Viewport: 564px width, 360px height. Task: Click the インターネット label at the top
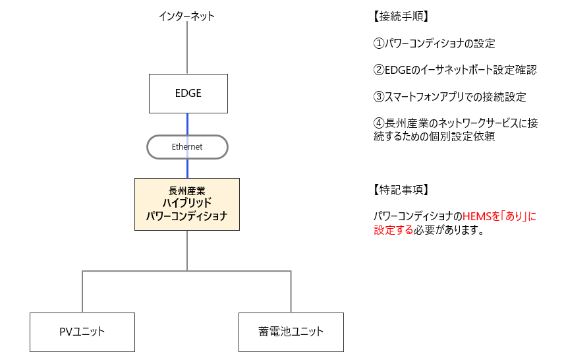coord(186,16)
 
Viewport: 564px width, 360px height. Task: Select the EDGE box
coord(188,93)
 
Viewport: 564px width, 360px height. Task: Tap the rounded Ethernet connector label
coord(187,147)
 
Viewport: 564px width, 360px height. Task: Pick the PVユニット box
coord(82,332)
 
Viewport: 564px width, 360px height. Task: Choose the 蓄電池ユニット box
coord(291,332)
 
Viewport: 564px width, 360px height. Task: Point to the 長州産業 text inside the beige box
coord(187,191)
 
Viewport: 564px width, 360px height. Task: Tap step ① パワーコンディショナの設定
coord(434,44)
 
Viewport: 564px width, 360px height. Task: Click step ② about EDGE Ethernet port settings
coord(455,71)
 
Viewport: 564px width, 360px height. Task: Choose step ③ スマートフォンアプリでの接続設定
coord(449,97)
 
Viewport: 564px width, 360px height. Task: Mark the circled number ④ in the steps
coord(378,123)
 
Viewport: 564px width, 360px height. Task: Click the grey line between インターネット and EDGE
coord(188,47)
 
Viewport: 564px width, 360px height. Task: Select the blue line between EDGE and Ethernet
coord(188,123)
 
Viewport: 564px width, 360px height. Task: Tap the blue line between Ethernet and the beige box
coord(188,168)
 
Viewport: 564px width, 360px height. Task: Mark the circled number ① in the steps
coord(378,44)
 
